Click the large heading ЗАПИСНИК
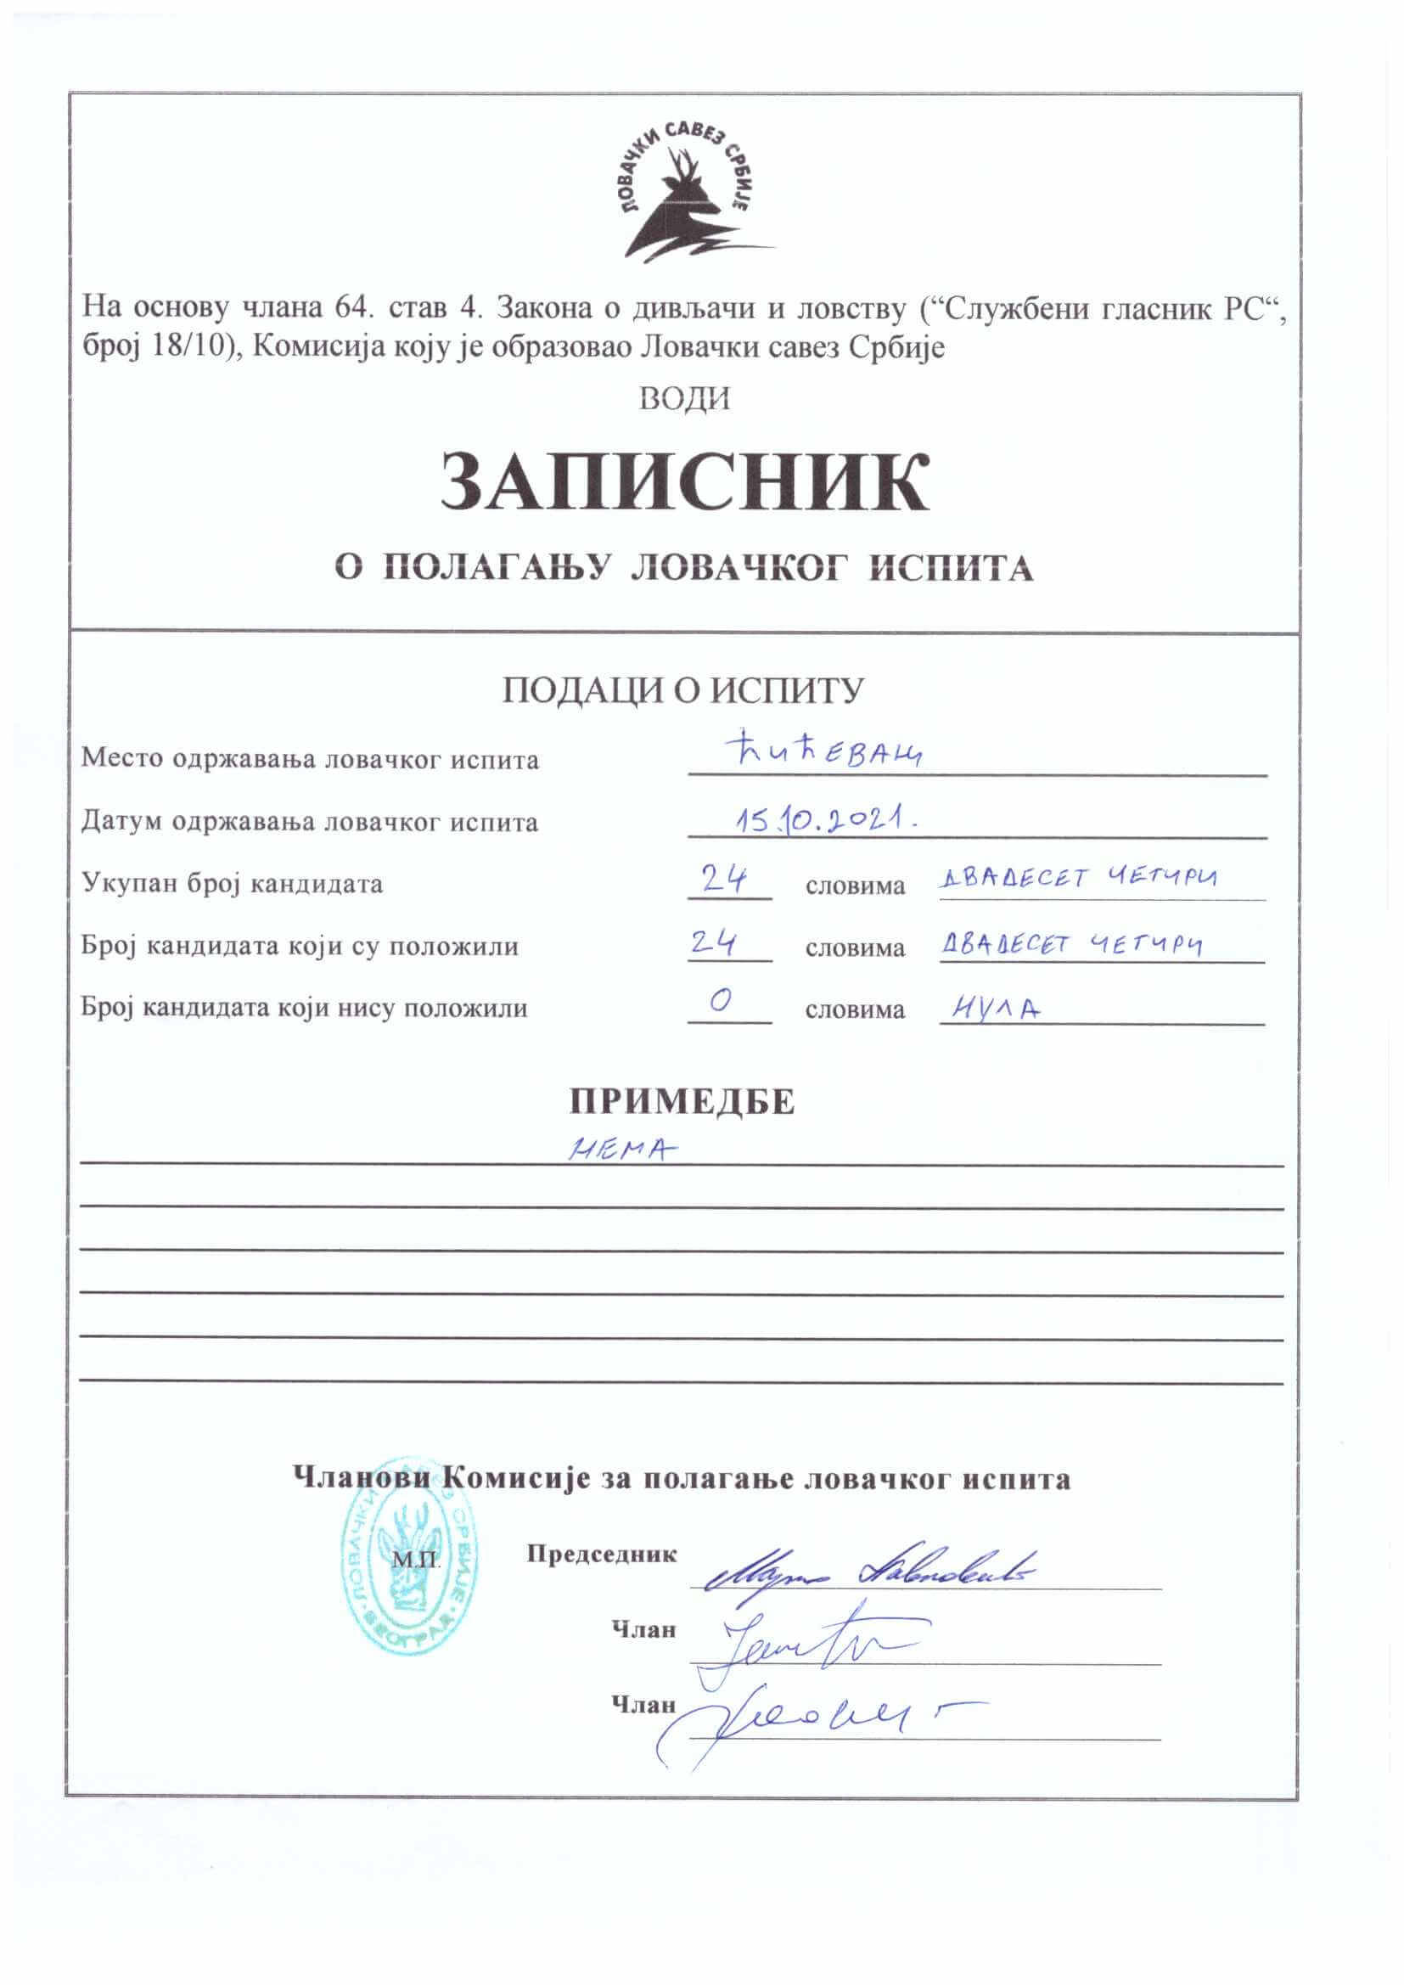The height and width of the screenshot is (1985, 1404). coord(685,483)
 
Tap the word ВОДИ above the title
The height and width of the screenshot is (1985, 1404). coord(685,398)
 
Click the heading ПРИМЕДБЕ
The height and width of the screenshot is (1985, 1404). coord(682,1101)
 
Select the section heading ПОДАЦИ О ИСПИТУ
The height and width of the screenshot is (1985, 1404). coord(684,690)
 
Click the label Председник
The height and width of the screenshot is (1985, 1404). coord(602,1554)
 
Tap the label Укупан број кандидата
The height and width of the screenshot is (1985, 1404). coord(232,883)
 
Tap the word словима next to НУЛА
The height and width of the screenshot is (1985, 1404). coord(855,1009)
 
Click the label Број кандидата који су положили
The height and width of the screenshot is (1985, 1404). coord(300,945)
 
